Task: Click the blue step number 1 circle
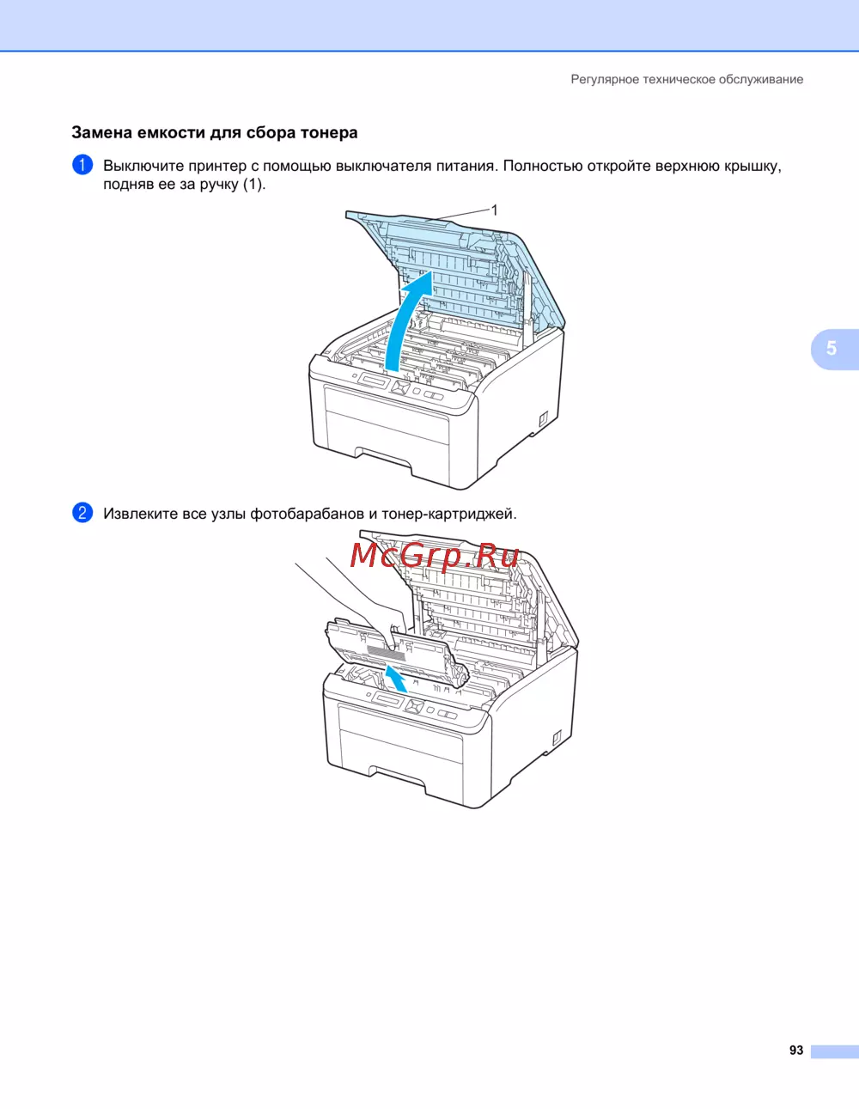(82, 165)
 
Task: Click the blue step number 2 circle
(82, 513)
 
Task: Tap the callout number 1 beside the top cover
(494, 210)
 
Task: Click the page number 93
(796, 1050)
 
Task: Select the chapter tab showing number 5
(835, 349)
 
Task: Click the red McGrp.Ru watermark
(435, 555)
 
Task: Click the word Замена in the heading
(101, 132)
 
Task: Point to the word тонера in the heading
(329, 132)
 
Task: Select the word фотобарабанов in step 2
(307, 514)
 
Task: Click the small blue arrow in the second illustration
(396, 679)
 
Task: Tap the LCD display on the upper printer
(375, 382)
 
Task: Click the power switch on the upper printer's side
(543, 418)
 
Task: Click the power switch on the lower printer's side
(557, 736)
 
